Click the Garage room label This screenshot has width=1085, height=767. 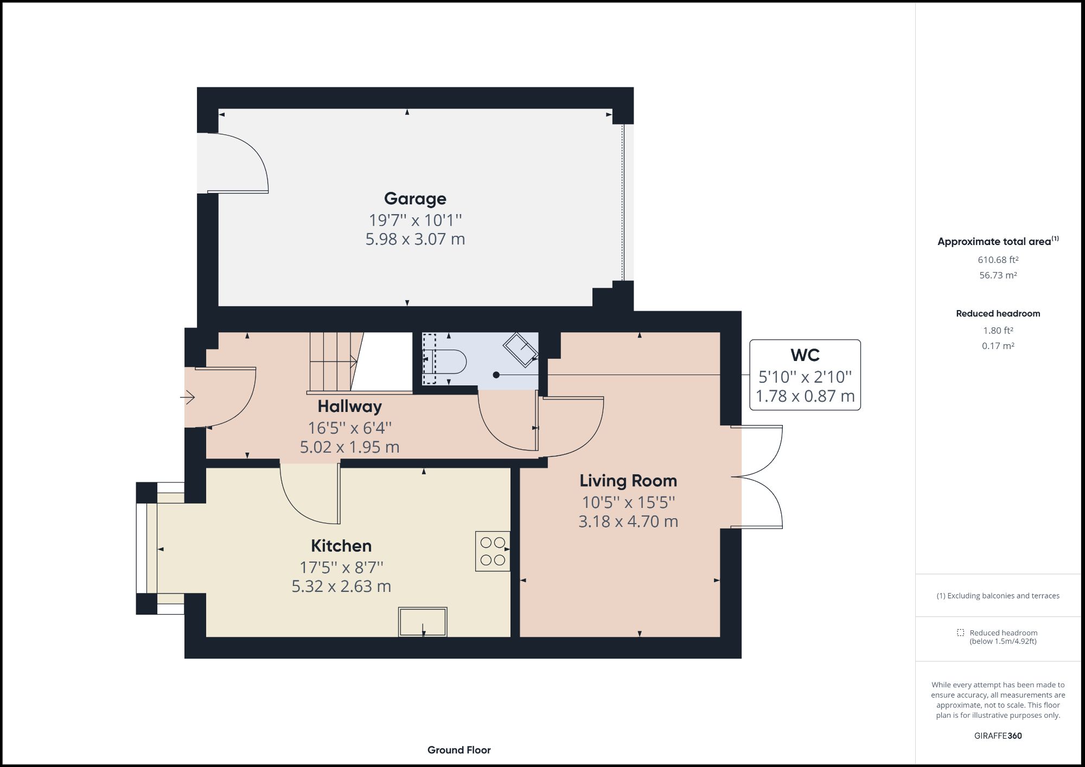click(x=415, y=198)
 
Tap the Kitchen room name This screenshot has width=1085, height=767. click(x=341, y=545)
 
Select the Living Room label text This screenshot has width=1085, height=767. click(x=628, y=481)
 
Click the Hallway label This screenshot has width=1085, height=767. click(x=349, y=406)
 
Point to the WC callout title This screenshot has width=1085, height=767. click(x=805, y=355)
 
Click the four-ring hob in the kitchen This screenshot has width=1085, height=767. click(x=493, y=551)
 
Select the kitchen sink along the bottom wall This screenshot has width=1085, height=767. click(x=423, y=621)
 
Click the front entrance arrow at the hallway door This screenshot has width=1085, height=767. click(x=188, y=398)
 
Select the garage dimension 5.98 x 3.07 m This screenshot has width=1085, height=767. click(x=415, y=239)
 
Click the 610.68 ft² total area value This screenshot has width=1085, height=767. click(x=998, y=260)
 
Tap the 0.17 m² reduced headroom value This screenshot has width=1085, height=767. click(x=998, y=346)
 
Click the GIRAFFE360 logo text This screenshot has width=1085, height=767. click(x=998, y=736)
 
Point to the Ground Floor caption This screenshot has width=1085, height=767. click(x=459, y=750)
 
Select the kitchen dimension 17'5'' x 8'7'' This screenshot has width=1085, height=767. click(x=341, y=568)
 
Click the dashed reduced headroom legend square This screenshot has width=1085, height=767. click(x=960, y=633)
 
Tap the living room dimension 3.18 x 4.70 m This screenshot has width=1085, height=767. click(x=628, y=521)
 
